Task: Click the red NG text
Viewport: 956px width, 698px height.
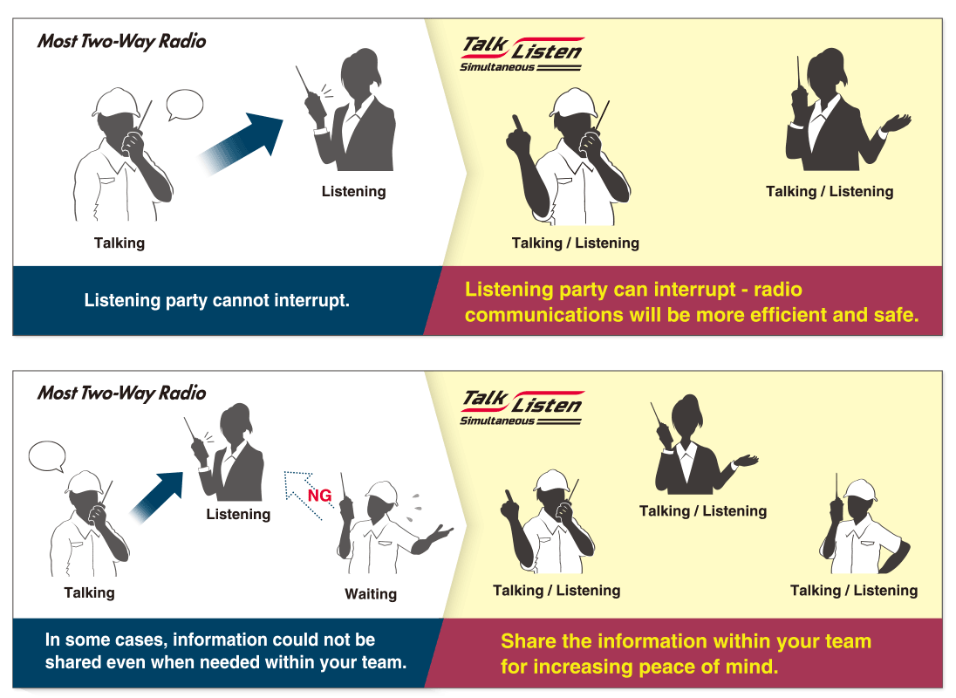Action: (x=319, y=495)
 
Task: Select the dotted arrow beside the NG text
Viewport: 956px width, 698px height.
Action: (x=303, y=495)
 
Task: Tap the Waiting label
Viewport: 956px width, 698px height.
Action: (x=371, y=594)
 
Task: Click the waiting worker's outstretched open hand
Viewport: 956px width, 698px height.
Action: (x=439, y=535)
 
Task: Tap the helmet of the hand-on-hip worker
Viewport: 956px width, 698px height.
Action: (x=859, y=489)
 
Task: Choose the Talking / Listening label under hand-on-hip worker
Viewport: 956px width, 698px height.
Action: (x=854, y=590)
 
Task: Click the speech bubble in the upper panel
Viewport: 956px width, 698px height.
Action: (x=184, y=106)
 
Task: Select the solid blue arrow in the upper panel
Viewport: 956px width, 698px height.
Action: (x=240, y=144)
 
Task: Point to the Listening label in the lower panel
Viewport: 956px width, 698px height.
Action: (x=238, y=514)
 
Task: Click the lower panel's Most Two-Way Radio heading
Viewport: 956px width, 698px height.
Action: (x=122, y=393)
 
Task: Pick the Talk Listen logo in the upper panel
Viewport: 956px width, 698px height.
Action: (x=522, y=54)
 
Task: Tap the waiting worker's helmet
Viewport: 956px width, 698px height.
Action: (x=382, y=493)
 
